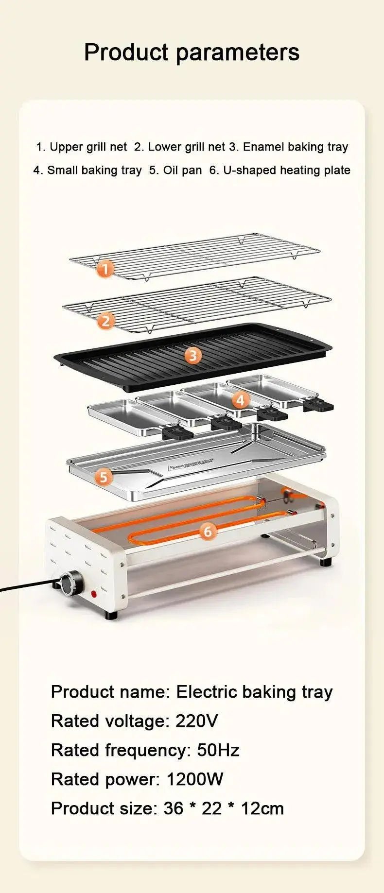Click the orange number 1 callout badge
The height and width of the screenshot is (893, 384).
[x=105, y=269]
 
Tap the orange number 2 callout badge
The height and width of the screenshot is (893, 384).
[x=105, y=321]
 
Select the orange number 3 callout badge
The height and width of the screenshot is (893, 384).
[x=193, y=356]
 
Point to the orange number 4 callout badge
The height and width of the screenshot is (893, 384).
[x=240, y=400]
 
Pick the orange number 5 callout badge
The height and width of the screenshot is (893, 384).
[x=103, y=477]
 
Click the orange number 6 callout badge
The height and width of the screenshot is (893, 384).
[x=208, y=532]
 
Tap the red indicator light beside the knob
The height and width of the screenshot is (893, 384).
[x=94, y=594]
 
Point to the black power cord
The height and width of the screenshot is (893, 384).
[x=24, y=586]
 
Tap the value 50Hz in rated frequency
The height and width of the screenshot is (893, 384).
[x=218, y=750]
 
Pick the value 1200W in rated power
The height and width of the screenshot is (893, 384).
[x=194, y=779]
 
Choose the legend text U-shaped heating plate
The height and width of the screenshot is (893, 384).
[x=286, y=170]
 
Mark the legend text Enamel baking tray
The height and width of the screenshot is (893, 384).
[x=295, y=147]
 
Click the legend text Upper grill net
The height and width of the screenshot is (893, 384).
[x=88, y=147]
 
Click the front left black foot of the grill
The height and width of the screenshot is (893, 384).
[x=111, y=615]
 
